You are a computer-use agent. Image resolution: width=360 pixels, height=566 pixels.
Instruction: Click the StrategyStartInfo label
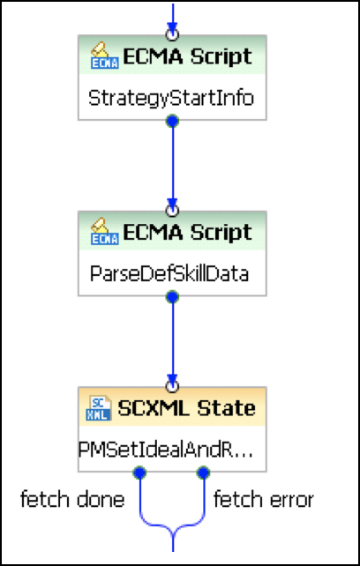pos(171,99)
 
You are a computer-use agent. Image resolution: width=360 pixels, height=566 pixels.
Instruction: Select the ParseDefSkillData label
pos(169,274)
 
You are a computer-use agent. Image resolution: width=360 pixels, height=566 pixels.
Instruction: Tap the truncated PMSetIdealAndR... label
pos(166,451)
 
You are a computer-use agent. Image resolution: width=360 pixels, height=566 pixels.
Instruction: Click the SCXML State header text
pos(186,408)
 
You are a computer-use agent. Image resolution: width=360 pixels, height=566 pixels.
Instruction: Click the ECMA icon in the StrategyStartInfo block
pos(104,56)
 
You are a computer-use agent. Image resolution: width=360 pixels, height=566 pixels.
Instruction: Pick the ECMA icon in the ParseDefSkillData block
pos(104,231)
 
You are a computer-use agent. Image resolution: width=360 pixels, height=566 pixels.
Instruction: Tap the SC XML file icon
pos(99,408)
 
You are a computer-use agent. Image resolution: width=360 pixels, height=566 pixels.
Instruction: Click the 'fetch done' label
pos(72,500)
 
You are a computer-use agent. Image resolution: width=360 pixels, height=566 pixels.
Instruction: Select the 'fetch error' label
pos(264,500)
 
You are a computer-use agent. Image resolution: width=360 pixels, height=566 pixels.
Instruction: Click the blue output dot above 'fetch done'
pos(139,473)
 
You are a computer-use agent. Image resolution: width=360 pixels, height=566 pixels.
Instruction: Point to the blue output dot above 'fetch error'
pos(204,473)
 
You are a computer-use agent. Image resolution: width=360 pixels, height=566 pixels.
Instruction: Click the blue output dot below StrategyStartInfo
pos(172,121)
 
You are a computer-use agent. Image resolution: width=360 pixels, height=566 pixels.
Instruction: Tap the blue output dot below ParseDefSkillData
pos(172,297)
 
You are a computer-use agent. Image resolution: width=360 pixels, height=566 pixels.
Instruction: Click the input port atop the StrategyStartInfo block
pos(172,34)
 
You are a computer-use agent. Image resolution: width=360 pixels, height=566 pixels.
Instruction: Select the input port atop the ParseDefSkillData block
pos(172,210)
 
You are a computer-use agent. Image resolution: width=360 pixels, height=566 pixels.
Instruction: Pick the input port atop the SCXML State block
pos(172,386)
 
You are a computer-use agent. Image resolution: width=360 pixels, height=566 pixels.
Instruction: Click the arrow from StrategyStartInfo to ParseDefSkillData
pos(172,166)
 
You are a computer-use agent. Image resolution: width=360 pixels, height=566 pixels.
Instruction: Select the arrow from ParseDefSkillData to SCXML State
pos(172,341)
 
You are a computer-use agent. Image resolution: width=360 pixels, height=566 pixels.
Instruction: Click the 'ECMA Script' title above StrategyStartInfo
pos(188,56)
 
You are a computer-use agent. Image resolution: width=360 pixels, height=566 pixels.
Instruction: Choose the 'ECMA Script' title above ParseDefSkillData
pos(188,232)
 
